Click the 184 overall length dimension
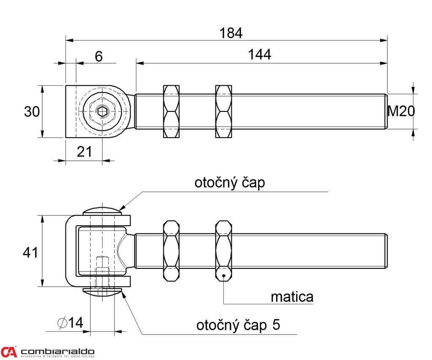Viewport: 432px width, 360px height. [x=231, y=33]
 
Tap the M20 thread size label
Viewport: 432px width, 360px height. [x=401, y=111]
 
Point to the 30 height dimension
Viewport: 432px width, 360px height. [x=32, y=112]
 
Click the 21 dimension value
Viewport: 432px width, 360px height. [x=84, y=152]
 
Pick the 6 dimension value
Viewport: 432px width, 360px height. [x=98, y=57]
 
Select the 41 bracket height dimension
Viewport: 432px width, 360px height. [x=31, y=252]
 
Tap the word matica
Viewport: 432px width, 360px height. [x=292, y=297]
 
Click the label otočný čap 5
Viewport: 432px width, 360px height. [x=238, y=325]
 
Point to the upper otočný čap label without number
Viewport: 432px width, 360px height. [x=230, y=183]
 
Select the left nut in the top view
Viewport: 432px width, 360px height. [x=171, y=111]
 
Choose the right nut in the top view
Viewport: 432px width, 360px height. [x=223, y=111]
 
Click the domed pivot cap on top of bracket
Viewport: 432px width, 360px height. [x=102, y=211]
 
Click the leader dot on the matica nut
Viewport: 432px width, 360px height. [x=224, y=277]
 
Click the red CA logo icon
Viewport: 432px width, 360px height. [x=9, y=352]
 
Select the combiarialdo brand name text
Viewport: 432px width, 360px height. [x=57, y=351]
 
